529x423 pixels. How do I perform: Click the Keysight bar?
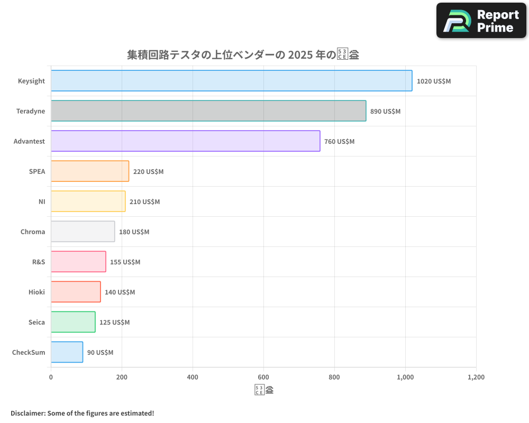(x=231, y=81)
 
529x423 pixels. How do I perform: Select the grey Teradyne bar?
(x=208, y=111)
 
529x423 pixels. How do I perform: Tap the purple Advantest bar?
(x=185, y=141)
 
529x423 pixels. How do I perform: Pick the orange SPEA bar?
(x=90, y=171)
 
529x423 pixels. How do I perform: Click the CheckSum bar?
(x=67, y=352)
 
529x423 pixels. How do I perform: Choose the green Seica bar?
(x=73, y=322)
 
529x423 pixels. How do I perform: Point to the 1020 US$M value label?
(x=434, y=81)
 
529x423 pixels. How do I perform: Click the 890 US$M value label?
(x=385, y=112)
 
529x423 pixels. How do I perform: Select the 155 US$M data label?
(x=125, y=262)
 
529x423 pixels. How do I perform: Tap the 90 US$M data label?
(x=100, y=353)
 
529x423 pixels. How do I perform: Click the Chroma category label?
(x=33, y=232)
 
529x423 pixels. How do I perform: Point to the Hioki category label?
(x=37, y=292)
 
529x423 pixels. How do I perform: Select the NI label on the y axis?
(x=42, y=202)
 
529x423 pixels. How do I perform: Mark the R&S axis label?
(x=39, y=262)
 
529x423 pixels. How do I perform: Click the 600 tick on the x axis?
(x=263, y=378)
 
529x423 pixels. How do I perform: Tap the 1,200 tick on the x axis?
(x=476, y=378)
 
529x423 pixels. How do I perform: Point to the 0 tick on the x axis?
(x=51, y=378)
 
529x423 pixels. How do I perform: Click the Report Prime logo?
(x=482, y=21)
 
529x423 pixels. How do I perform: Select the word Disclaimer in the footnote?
(x=28, y=413)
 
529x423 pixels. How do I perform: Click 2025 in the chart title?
(x=298, y=55)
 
